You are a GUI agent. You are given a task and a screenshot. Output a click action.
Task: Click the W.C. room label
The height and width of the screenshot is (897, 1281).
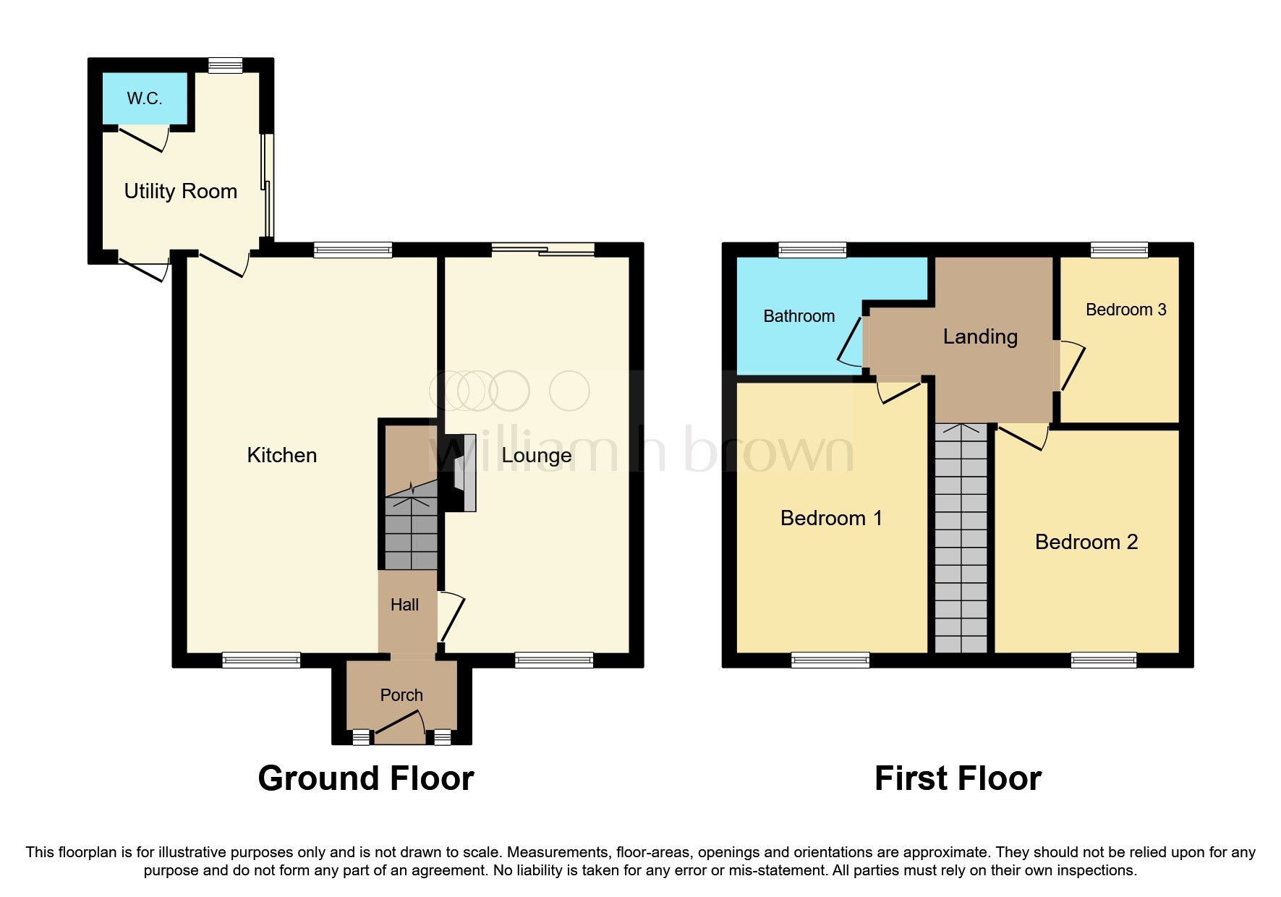[144, 98]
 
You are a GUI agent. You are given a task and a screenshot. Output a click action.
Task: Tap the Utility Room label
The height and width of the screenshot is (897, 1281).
[180, 191]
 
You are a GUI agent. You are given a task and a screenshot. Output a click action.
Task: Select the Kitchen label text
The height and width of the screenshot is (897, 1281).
[281, 455]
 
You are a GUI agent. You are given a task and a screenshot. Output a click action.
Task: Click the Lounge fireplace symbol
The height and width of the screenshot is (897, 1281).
[464, 473]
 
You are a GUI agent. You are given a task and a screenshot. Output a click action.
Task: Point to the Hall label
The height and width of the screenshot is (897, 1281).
[404, 605]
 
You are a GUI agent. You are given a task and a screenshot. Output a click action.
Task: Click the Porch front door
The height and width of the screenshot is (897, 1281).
[399, 725]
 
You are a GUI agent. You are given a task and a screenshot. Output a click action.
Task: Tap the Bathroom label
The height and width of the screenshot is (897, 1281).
[799, 316]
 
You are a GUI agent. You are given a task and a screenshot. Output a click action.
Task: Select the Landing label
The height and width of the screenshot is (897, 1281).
[979, 336]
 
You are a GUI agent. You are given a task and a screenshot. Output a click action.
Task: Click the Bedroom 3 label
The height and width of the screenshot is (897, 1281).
[1125, 310]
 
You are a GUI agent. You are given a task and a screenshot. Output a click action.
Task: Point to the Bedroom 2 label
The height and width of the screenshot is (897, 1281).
[1086, 542]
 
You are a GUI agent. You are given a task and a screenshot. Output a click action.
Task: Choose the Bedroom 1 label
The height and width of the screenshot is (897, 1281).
[831, 518]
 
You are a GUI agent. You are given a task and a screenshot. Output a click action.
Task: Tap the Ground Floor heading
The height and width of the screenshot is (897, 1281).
[365, 778]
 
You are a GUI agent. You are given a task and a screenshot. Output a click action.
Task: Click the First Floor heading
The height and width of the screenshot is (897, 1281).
[957, 778]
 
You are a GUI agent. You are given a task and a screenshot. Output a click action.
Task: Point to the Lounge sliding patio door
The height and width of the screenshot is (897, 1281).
[542, 250]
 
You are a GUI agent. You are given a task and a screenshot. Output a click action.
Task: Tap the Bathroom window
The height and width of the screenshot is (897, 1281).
[812, 250]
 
